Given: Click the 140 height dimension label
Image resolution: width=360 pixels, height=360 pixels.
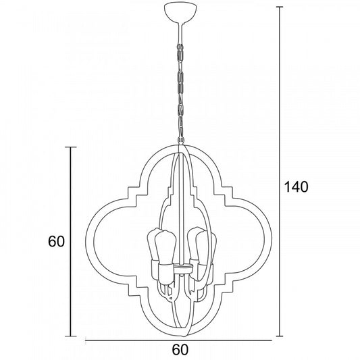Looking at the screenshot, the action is click(296, 186).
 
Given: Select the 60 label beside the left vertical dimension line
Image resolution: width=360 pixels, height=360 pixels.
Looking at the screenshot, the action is click(56, 241).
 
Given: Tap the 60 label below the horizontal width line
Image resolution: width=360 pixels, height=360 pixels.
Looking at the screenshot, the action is click(180, 350).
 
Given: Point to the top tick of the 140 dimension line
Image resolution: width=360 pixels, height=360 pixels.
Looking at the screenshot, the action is click(280, 7).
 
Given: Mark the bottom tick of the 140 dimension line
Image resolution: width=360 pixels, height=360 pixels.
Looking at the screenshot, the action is click(280, 336).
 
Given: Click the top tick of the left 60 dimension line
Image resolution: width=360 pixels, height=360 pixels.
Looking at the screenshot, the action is click(70, 147).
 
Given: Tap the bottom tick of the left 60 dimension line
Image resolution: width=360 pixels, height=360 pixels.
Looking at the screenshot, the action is click(70, 336).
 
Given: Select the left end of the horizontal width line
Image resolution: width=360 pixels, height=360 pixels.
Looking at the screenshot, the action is click(85, 340).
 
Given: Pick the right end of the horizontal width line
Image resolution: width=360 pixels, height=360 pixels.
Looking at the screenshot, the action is click(272, 340).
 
